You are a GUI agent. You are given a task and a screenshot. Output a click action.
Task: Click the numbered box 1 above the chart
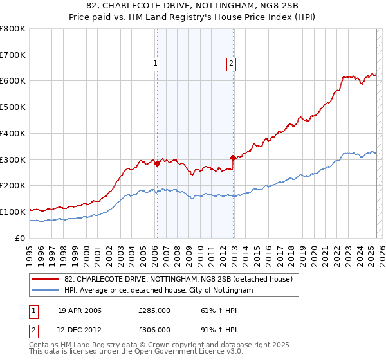point(156,63)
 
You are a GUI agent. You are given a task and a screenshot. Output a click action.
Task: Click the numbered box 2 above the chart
point(231,63)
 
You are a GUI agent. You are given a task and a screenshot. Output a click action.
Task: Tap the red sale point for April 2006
point(156,163)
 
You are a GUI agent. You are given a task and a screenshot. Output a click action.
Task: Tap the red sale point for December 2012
point(232,157)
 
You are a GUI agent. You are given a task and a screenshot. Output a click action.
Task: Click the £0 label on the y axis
point(21,238)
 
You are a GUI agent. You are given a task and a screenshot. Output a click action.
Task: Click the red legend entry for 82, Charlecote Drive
point(179,279)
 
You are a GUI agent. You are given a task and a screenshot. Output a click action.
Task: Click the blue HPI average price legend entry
point(159,291)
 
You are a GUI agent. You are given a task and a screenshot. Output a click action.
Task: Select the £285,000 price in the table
point(154,311)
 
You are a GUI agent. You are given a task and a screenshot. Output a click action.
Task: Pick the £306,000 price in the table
point(154,329)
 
